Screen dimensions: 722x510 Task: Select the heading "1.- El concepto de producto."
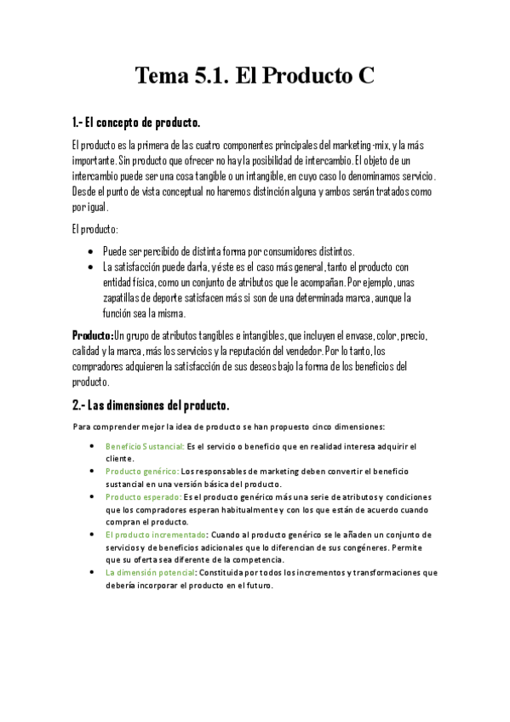(x=136, y=123)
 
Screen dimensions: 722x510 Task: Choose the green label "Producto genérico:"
(x=141, y=471)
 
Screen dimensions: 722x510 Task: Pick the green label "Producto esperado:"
(x=142, y=496)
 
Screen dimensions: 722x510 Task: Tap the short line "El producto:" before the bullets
(x=95, y=230)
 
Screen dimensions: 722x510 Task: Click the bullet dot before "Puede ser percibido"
(x=91, y=252)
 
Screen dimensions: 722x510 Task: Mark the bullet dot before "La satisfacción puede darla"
(x=91, y=267)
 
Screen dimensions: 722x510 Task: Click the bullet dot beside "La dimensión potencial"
(x=92, y=572)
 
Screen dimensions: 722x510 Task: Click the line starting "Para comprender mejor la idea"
(x=229, y=426)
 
